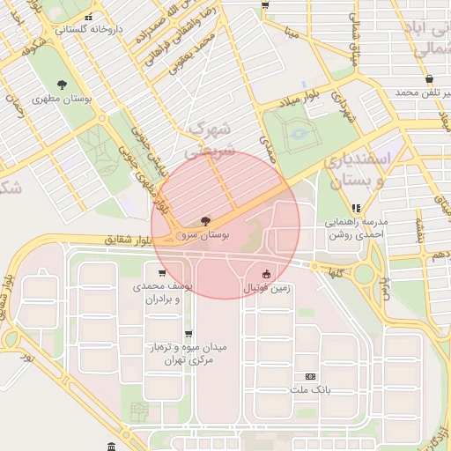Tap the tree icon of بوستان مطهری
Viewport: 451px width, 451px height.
click(x=62, y=84)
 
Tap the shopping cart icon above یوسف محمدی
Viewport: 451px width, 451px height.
click(x=162, y=273)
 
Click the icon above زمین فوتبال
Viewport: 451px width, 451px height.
click(x=266, y=273)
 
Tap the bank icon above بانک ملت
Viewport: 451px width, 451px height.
click(x=310, y=374)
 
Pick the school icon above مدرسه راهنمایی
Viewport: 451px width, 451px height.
click(x=356, y=209)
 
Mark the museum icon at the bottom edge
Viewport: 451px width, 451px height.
click(x=109, y=447)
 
